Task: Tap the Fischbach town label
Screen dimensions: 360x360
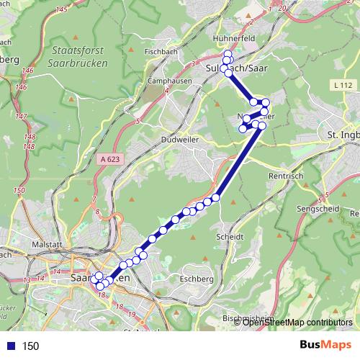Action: (x=161, y=52)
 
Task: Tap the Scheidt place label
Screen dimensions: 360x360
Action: (x=230, y=236)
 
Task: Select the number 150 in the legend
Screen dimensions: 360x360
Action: (x=30, y=346)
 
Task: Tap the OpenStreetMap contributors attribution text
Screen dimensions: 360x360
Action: (x=297, y=323)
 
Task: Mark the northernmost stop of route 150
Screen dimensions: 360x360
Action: (x=228, y=55)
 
